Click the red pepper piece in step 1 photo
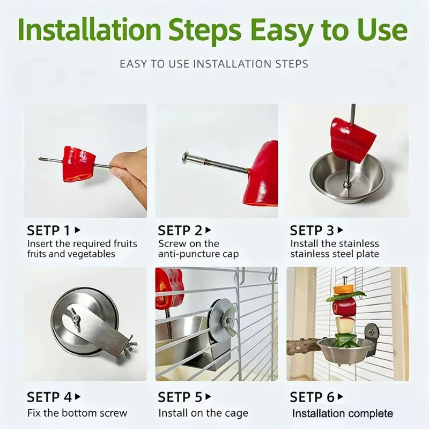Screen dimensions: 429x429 [79, 164]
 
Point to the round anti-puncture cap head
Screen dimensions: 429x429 [186, 158]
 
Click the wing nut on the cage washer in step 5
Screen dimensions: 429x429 [228, 320]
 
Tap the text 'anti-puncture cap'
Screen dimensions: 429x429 [198, 254]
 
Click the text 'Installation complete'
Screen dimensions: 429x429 [343, 413]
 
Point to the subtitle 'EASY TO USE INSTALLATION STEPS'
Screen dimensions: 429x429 [214, 64]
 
